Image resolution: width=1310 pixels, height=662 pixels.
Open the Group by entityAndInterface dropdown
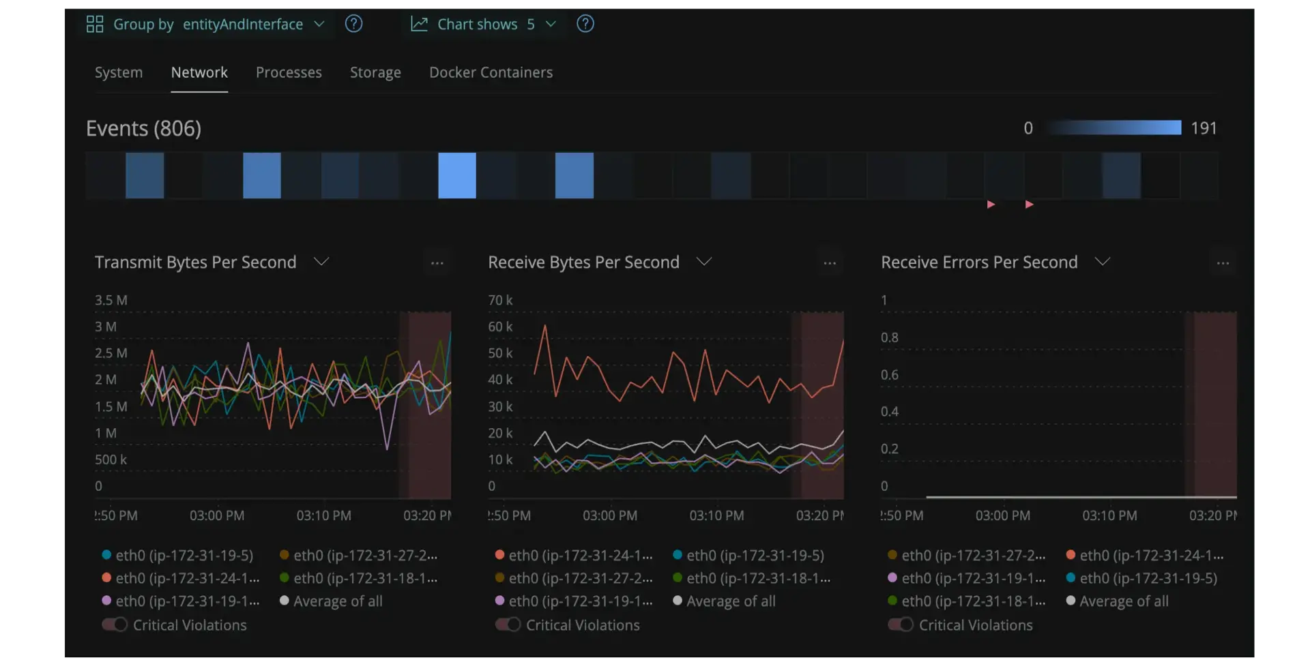coord(205,25)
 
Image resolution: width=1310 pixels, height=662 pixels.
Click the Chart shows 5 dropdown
coord(483,25)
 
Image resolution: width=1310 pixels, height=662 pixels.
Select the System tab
coord(119,72)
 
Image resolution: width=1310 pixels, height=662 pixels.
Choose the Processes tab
coord(289,72)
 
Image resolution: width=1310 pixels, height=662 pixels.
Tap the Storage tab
coord(375,72)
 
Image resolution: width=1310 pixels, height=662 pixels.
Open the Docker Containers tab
coord(491,72)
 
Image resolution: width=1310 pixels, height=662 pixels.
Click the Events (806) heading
coord(143,128)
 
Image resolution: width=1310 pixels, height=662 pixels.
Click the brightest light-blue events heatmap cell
coord(457,175)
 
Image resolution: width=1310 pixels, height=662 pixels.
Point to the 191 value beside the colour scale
coord(1204,128)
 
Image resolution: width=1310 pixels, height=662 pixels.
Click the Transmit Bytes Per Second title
coord(195,262)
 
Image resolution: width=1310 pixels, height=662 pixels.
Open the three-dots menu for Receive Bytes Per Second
coord(830,263)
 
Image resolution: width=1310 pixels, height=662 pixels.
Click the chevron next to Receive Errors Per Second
coord(1103,262)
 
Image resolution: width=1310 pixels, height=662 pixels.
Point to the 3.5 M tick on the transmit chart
coord(111,300)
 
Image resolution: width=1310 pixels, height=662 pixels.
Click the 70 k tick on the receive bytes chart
coord(500,300)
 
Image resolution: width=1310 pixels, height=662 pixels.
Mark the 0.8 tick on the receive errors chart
coord(890,337)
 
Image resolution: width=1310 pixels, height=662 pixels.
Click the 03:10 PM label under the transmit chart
coord(323,515)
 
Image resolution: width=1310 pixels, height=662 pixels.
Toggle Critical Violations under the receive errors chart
coord(901,625)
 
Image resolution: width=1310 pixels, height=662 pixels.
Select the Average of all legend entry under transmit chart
coord(331,601)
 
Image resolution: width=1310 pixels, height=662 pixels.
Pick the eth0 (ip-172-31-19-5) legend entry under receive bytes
coord(748,556)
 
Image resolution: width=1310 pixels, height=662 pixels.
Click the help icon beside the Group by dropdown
coord(353,24)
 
